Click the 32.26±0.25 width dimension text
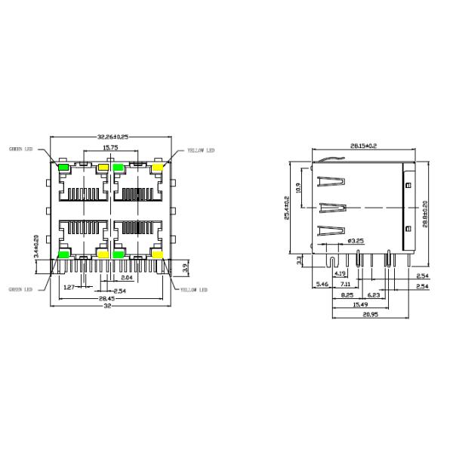tap(113, 137)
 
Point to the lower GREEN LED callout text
tap(20, 288)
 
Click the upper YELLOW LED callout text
tap(201, 150)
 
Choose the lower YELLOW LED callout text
tap(193, 289)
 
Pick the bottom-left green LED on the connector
tap(64, 254)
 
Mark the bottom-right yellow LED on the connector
tap(158, 254)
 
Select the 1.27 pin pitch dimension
tap(69, 287)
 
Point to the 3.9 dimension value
tap(186, 266)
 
